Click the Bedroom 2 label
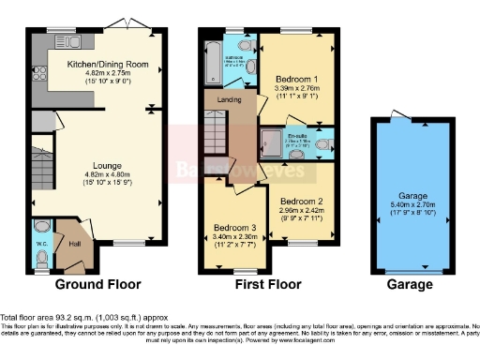(302, 201)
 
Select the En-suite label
(297, 136)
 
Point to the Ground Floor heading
(97, 284)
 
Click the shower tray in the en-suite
(272, 143)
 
